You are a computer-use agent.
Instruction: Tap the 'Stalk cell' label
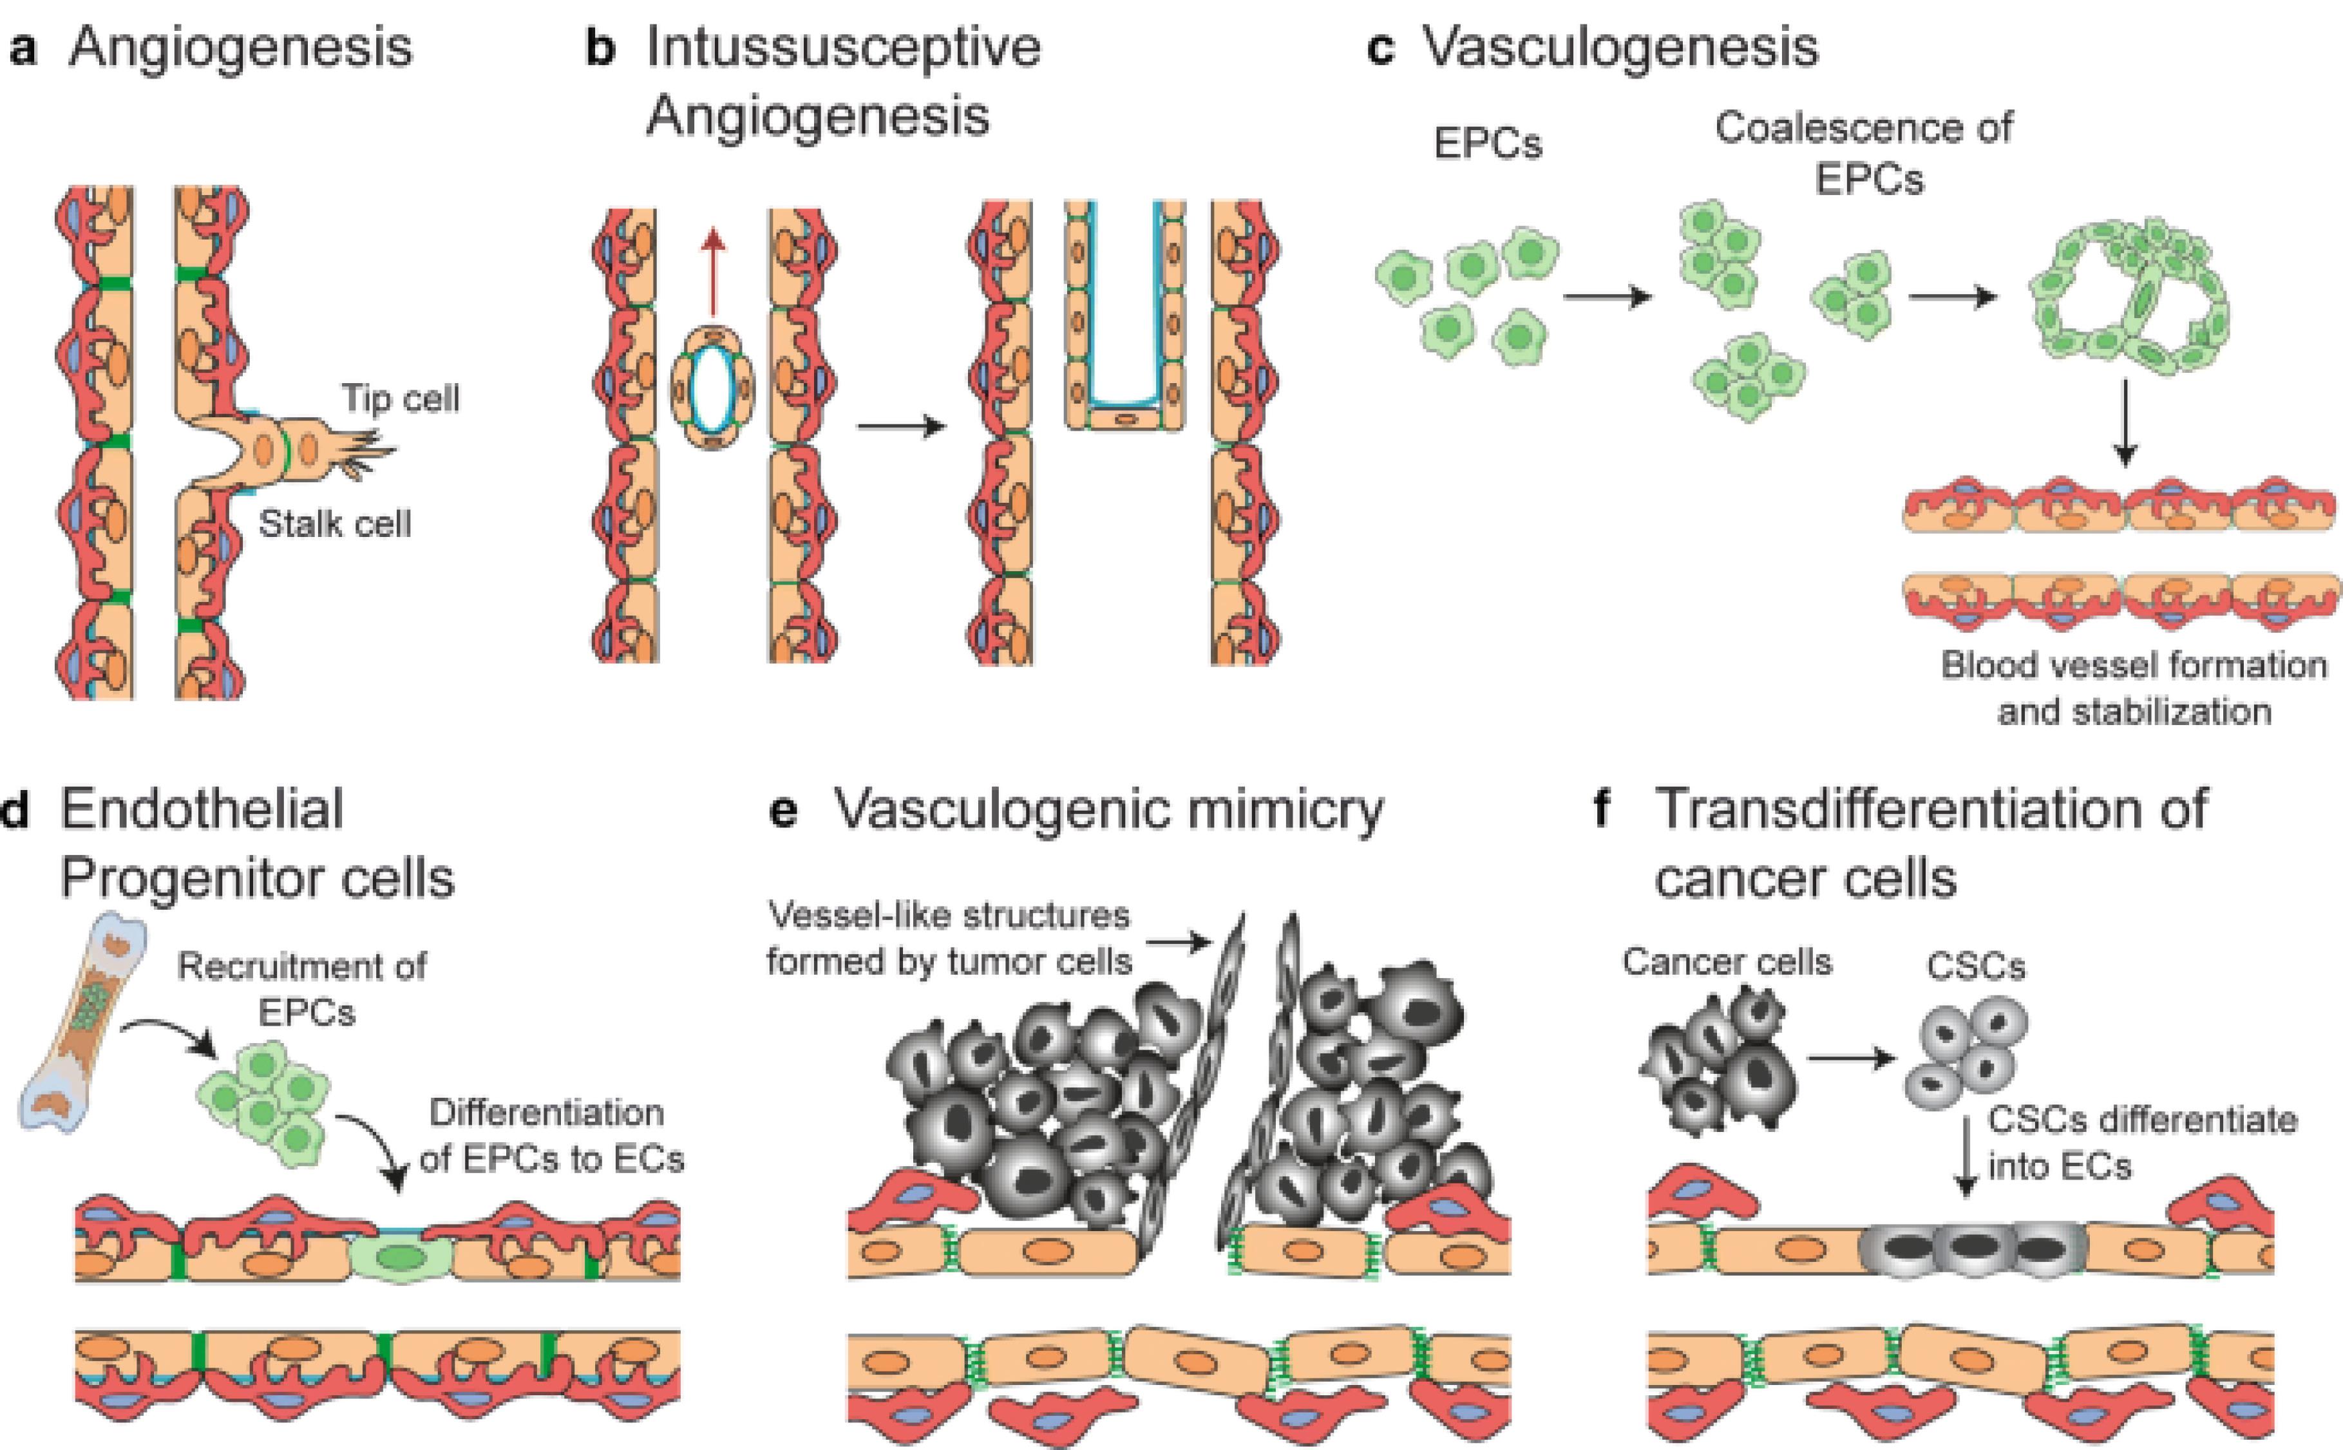coord(335,525)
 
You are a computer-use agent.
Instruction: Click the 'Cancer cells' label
coord(1726,962)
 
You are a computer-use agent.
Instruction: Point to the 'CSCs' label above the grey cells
coord(1976,966)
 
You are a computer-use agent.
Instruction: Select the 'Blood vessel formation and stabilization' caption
coord(2134,688)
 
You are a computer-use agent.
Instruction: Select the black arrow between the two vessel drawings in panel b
coord(900,426)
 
